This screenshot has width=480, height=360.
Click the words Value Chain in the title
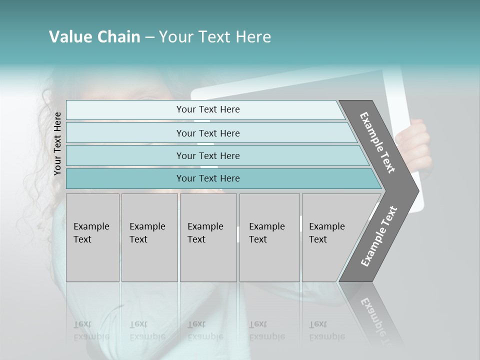[94, 37]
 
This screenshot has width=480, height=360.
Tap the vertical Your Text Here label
[57, 143]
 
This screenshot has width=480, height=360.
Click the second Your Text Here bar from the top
[208, 133]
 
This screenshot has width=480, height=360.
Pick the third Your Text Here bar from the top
[208, 155]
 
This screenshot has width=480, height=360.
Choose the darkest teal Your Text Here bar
[208, 178]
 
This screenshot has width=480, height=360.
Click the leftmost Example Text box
[92, 237]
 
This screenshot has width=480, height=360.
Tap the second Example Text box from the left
[149, 237]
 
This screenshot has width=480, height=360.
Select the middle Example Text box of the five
[208, 237]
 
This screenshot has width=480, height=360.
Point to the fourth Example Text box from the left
[269, 237]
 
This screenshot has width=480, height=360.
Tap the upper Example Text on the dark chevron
[378, 142]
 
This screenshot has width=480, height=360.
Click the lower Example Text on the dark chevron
[379, 236]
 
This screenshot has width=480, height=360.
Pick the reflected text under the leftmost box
[91, 330]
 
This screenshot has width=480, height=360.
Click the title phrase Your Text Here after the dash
[215, 37]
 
